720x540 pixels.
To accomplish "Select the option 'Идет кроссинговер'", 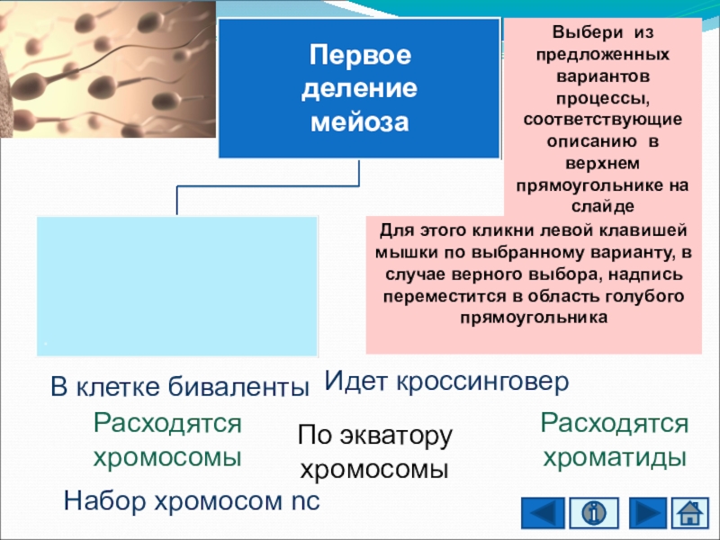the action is [x=446, y=381].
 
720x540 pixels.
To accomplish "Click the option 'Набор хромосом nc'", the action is [x=191, y=500].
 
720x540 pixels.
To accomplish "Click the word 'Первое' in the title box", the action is [x=359, y=56].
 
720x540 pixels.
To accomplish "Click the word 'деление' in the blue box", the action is [x=359, y=88].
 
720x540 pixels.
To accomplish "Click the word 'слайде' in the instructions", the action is [x=602, y=205].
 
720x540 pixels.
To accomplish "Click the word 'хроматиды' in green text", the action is [x=614, y=456].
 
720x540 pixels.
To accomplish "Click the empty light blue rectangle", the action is [x=177, y=285].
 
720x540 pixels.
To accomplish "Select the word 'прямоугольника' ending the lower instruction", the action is [x=534, y=317].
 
